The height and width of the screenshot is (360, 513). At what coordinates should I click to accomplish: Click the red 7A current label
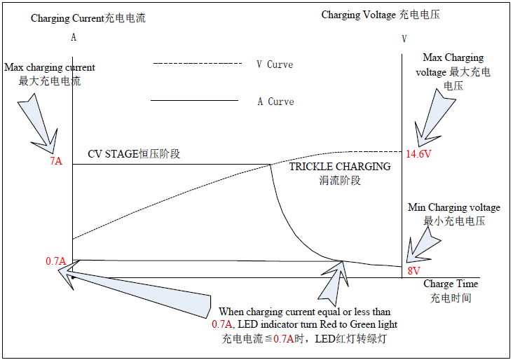point(56,161)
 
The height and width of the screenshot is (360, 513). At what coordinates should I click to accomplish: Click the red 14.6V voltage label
point(418,153)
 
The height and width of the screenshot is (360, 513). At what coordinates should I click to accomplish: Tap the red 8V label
point(413,271)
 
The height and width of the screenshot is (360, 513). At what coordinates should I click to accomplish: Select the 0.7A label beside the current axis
point(55,261)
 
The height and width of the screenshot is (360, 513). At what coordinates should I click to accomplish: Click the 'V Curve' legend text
point(275,64)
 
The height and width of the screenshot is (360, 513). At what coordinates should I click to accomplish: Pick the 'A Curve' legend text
point(276,102)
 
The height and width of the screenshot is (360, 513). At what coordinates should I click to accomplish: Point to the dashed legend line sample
point(198,64)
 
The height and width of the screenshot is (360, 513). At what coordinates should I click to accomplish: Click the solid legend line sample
point(194,100)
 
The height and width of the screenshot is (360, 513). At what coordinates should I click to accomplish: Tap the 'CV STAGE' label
point(113,153)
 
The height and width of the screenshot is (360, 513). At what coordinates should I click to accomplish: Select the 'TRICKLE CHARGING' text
point(340,167)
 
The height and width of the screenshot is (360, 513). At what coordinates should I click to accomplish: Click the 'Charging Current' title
point(67,18)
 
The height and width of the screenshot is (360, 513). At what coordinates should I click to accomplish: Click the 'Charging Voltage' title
point(359,15)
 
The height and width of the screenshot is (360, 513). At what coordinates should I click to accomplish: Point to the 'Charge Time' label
point(451,284)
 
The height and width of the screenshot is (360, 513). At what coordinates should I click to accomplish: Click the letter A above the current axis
point(74,37)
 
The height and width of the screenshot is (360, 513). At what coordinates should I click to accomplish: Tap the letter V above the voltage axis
point(404,39)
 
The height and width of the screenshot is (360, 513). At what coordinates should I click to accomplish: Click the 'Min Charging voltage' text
point(454,207)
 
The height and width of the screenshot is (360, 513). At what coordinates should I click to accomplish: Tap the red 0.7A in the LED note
point(222,324)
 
